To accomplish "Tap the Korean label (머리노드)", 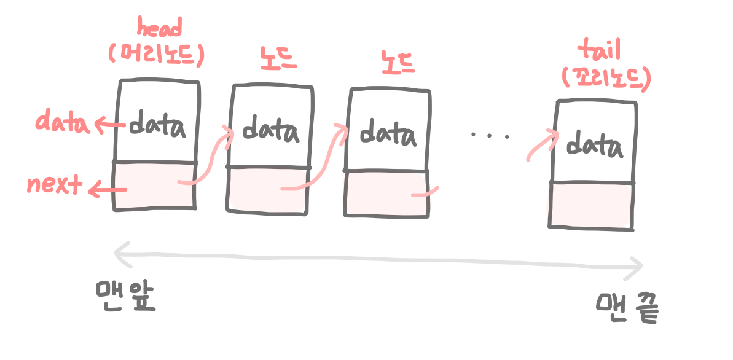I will click(x=156, y=56).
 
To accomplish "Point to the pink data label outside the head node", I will click(x=62, y=122).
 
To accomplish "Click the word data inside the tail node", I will click(x=594, y=146).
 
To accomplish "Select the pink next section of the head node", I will click(x=154, y=185).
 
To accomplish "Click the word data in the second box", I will click(x=271, y=130).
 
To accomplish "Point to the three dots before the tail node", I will click(x=490, y=135).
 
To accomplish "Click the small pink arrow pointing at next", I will click(x=108, y=190).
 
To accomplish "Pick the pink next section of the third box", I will click(x=386, y=194).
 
